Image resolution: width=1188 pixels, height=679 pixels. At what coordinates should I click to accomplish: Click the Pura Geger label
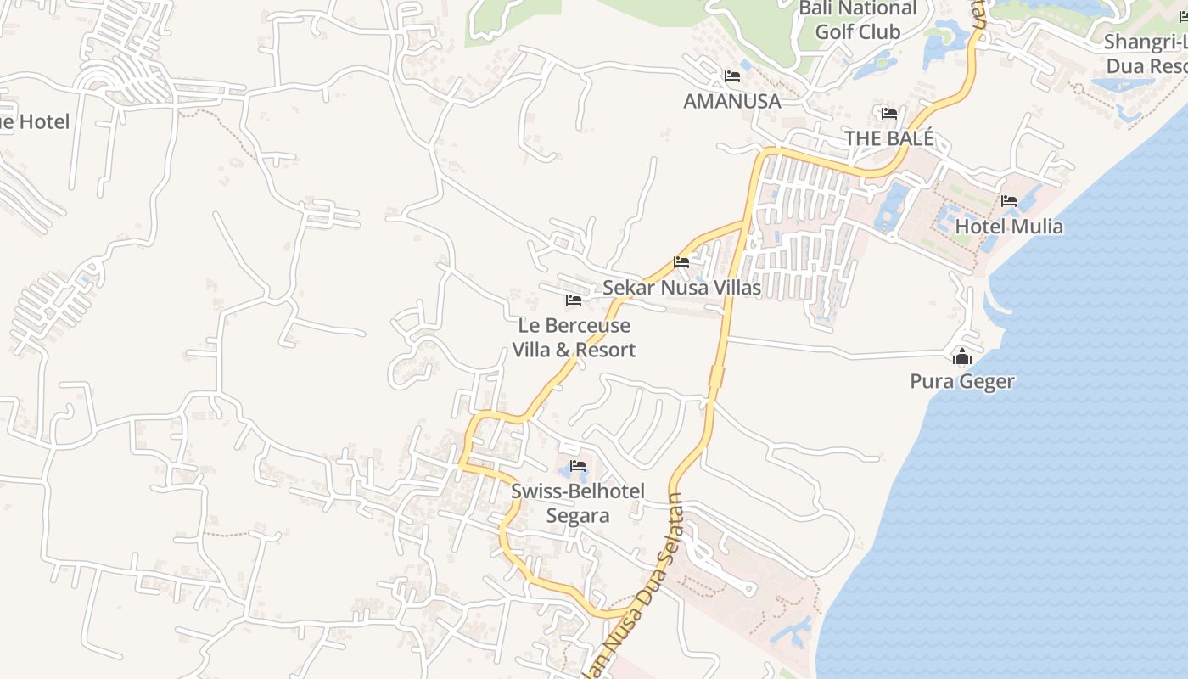[x=962, y=382]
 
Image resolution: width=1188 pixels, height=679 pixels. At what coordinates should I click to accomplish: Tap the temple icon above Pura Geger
[x=961, y=357]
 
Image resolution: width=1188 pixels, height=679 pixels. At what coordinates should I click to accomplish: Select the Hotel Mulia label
[x=1009, y=227]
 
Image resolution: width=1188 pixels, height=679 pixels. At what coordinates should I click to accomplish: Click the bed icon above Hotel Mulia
[x=1009, y=201]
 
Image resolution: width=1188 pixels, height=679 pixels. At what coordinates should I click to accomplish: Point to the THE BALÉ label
[x=888, y=138]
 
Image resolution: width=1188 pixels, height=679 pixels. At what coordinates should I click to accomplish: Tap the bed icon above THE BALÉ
[x=889, y=113]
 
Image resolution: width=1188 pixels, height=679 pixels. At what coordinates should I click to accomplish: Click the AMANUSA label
[x=731, y=101]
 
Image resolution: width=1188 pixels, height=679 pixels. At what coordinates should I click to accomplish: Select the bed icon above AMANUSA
[x=732, y=76]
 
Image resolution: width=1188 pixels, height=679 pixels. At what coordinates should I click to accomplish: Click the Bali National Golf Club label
[x=858, y=20]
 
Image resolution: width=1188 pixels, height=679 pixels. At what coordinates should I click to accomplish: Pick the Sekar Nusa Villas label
[x=681, y=288]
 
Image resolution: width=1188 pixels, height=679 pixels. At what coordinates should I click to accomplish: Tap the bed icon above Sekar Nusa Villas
[x=681, y=262]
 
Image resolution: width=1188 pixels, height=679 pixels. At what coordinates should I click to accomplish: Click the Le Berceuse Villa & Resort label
[x=574, y=338]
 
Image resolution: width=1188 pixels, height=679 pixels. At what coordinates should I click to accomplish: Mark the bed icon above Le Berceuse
[x=574, y=300]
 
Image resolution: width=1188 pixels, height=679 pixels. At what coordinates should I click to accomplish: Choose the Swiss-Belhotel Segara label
[x=578, y=503]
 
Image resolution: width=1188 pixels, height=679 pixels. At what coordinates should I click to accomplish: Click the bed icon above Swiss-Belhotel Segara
[x=578, y=466]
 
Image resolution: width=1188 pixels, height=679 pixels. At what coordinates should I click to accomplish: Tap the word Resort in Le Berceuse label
[x=605, y=350]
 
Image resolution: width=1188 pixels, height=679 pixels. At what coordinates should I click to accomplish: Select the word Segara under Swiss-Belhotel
[x=578, y=515]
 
